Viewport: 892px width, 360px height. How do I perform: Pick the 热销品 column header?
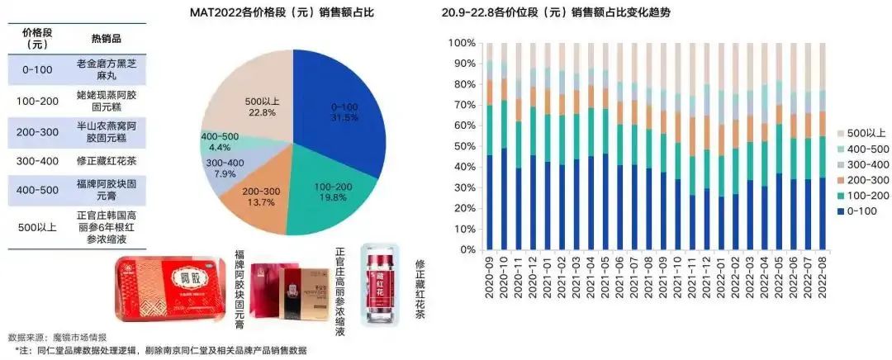[x=108, y=39]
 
